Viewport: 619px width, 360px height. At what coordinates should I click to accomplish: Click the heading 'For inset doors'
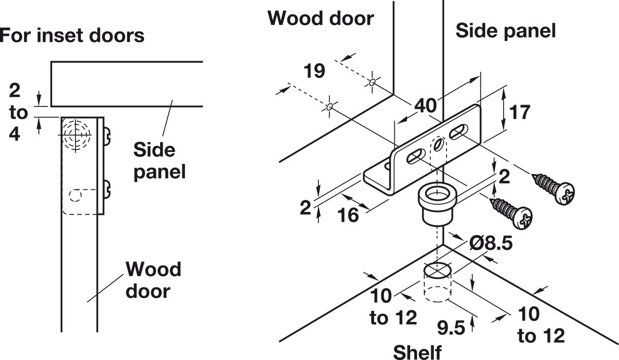(x=72, y=35)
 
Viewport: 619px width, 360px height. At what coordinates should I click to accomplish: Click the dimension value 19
(x=314, y=71)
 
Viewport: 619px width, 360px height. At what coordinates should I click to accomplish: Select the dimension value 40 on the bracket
(x=425, y=105)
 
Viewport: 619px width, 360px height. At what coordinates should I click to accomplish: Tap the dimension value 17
(x=520, y=112)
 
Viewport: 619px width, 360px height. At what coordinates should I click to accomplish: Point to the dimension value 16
(x=349, y=216)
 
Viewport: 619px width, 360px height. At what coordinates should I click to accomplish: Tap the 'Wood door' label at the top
(x=320, y=18)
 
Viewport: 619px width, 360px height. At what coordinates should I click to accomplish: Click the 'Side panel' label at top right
(x=505, y=31)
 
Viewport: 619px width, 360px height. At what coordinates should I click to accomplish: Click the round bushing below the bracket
(x=436, y=203)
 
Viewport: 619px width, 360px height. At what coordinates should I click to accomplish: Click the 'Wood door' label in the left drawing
(x=153, y=280)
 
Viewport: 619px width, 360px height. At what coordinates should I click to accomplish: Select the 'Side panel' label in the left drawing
(x=159, y=161)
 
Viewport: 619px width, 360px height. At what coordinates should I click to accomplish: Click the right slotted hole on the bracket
(x=458, y=131)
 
